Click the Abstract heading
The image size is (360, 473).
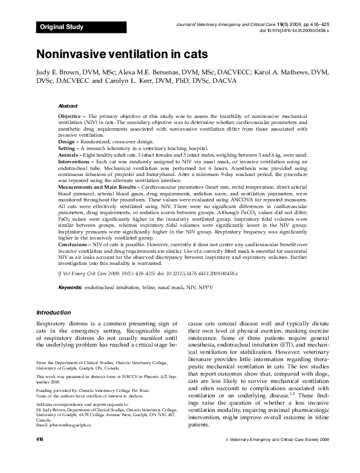click(x=67, y=105)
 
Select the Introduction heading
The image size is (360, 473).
click(x=53, y=313)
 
